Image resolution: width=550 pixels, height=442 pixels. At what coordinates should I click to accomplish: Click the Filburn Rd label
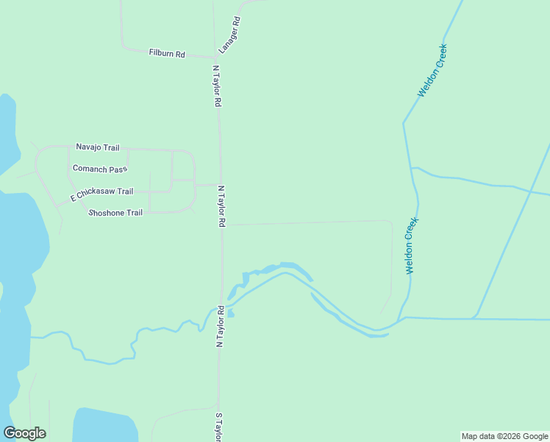(166, 54)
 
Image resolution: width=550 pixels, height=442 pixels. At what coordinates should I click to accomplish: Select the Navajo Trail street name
(97, 147)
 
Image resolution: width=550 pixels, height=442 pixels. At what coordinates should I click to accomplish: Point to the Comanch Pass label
(99, 169)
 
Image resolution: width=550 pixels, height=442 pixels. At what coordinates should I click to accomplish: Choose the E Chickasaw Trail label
(101, 194)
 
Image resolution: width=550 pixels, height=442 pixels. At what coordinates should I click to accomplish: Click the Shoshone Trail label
(115, 213)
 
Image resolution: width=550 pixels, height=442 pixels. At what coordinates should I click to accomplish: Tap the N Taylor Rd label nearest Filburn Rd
(216, 86)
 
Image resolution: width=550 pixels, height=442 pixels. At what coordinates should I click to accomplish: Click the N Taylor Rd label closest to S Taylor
(218, 326)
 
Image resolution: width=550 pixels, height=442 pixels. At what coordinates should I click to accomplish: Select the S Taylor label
(218, 427)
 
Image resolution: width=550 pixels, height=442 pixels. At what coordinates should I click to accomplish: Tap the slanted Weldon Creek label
(432, 70)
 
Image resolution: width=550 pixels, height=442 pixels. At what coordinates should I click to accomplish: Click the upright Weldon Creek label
(413, 245)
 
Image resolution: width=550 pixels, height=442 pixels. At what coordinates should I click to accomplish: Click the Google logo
(24, 433)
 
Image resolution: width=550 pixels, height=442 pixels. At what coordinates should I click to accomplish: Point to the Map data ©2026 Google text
(505, 436)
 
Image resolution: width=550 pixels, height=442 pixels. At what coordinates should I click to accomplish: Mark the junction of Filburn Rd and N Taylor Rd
(215, 57)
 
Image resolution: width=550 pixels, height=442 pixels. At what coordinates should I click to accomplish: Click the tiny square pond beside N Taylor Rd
(230, 313)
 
